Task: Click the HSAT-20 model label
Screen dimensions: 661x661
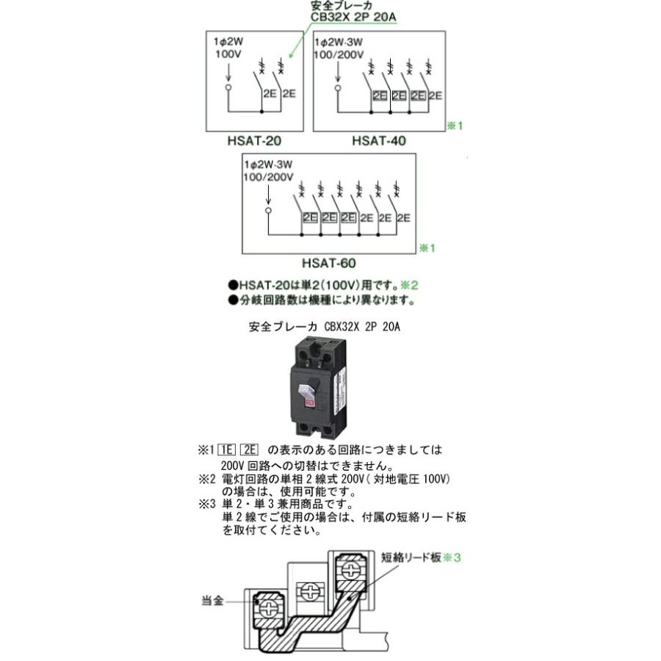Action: (x=255, y=140)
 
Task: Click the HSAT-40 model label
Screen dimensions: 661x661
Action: (x=379, y=140)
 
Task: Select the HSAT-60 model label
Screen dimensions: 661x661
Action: (x=328, y=261)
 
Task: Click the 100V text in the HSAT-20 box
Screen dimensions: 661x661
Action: (x=228, y=55)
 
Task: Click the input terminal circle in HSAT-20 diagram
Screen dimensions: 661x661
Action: (x=228, y=87)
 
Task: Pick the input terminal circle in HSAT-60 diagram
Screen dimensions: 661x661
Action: (x=268, y=210)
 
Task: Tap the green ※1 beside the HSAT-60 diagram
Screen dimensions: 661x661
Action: (x=427, y=248)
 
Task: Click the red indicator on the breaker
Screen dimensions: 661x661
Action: (x=309, y=402)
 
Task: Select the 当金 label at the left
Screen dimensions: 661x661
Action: (x=212, y=601)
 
